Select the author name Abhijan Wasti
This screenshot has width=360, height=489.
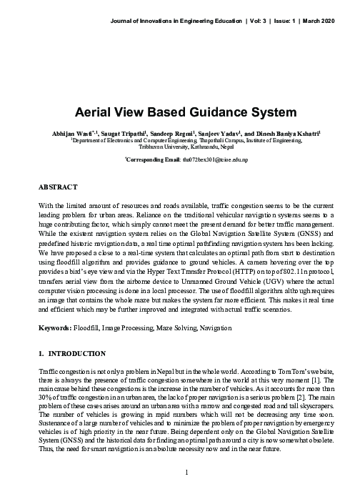click(x=68, y=134)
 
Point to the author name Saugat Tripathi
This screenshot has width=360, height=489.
click(x=121, y=134)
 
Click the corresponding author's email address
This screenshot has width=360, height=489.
click(x=224, y=160)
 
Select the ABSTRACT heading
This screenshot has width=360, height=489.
click(x=57, y=187)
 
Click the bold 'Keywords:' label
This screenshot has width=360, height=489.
click(x=54, y=327)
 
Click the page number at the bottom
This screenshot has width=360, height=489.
click(x=186, y=471)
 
